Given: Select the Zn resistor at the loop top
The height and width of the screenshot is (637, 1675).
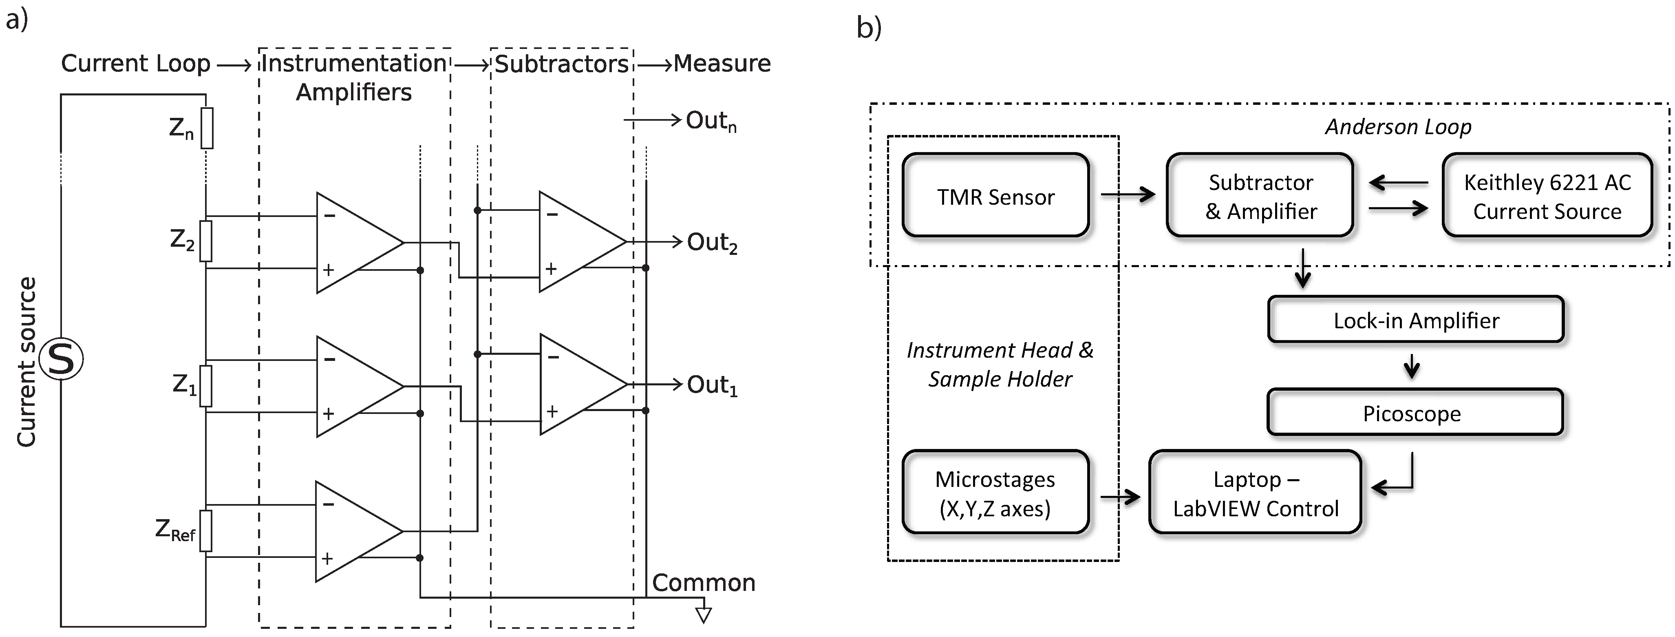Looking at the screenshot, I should point(207,128).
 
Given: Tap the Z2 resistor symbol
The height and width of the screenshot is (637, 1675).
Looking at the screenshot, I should point(205,241).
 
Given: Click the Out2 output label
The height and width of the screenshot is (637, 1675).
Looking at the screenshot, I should point(712,242).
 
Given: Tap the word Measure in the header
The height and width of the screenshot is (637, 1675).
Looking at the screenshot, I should point(722,64).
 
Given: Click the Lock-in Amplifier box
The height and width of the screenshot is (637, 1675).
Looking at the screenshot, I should point(1416,320).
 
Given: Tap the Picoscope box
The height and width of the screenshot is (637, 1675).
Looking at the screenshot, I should point(1415,413).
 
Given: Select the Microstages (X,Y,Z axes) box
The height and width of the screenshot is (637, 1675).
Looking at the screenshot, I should point(995,493).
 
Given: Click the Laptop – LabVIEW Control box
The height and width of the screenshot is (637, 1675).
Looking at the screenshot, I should point(1255,493).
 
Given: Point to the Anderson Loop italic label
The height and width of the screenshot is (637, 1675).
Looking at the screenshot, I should point(1398,126).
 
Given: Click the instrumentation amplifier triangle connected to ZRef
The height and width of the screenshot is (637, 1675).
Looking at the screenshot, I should point(354,531).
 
